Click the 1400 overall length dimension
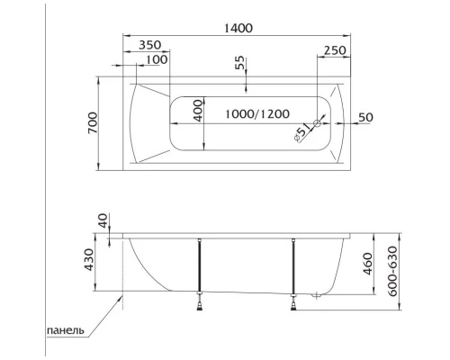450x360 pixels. (238, 28)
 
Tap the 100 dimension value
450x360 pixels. (156, 59)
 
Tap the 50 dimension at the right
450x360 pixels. (364, 118)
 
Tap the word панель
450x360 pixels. (66, 330)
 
